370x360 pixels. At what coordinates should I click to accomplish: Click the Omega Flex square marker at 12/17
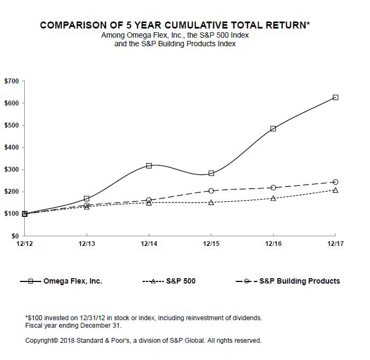335,97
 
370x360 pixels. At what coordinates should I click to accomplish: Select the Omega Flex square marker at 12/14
149,165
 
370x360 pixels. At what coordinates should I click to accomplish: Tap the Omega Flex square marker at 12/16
273,129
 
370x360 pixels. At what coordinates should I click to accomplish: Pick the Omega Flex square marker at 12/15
211,173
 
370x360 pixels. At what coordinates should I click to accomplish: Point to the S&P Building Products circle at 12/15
211,191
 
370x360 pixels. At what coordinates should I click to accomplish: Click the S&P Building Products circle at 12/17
335,182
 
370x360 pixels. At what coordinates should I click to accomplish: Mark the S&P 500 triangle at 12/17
335,190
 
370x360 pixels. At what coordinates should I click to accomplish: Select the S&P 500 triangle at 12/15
211,202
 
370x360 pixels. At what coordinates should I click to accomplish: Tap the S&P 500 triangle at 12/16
273,199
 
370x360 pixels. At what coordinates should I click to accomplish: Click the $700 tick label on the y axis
11,81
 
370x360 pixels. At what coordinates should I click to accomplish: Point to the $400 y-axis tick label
11,147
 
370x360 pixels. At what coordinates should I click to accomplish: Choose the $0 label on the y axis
15,236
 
